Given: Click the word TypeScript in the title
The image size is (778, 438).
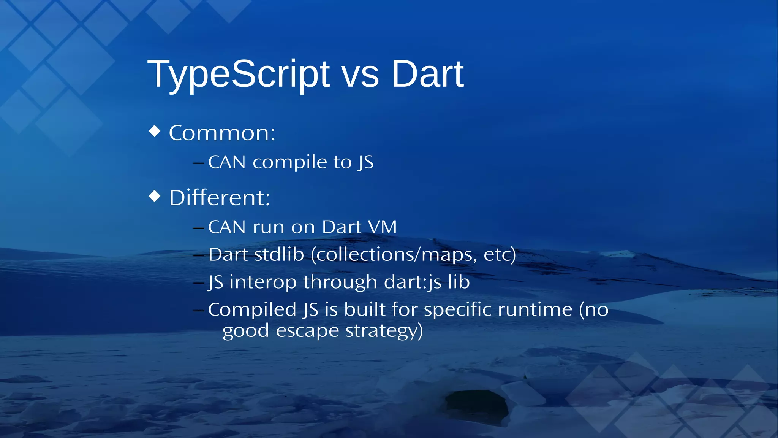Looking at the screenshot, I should (238, 75).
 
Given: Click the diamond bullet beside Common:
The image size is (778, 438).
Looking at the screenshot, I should (155, 131).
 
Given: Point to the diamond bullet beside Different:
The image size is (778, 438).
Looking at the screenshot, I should (155, 196).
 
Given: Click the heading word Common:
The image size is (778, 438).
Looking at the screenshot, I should (222, 133).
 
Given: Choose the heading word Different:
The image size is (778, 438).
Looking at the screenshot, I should (220, 198).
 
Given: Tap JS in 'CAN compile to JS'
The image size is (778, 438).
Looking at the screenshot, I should (365, 163).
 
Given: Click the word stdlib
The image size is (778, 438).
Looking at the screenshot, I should (279, 254).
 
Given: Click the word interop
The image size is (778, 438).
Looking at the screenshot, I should (263, 282).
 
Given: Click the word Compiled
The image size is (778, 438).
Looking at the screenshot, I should (252, 310).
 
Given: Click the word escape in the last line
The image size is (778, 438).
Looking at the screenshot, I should (307, 331).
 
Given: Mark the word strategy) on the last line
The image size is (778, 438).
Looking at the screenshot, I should (384, 331).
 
